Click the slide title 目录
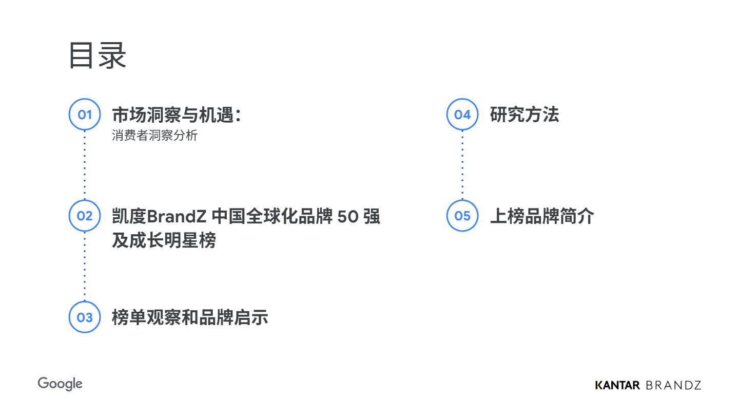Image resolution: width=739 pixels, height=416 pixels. coord(98,55)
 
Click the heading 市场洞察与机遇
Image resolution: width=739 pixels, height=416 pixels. coord(173,115)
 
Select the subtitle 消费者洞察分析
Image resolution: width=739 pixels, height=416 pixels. coord(155,136)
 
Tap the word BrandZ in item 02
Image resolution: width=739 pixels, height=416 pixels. coord(177,217)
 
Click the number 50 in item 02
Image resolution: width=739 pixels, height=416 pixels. coord(348,217)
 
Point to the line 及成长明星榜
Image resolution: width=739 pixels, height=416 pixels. coord(164,240)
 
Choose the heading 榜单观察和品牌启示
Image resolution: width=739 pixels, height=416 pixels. coord(190,317)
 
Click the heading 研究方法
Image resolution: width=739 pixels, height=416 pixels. coord(524,115)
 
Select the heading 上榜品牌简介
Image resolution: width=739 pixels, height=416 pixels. coord(542,216)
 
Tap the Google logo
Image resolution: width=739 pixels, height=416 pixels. coord(60,384)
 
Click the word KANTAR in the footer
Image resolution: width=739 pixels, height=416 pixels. coord(617,385)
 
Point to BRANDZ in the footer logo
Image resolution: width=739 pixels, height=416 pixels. coord(673,385)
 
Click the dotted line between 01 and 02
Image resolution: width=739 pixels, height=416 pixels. coord(85,165)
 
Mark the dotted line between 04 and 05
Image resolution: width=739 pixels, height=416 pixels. coord(462,165)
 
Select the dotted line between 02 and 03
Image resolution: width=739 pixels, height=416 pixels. coord(85,267)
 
